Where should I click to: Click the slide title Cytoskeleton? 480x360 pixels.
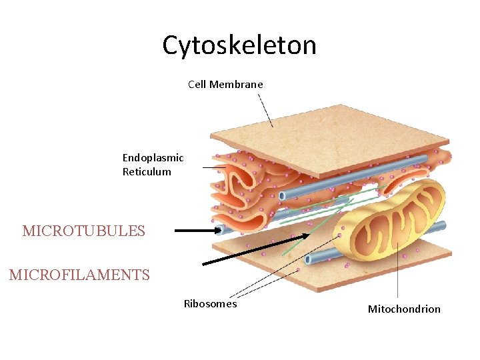coord(239,45)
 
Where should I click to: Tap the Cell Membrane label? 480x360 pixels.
coord(225,85)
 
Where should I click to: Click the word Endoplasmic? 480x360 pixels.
coord(153,158)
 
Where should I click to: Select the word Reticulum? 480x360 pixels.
coord(147,172)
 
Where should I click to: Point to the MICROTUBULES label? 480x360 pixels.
coord(83,231)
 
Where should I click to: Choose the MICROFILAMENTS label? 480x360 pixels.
coord(79,275)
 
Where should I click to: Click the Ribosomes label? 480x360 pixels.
coord(210,304)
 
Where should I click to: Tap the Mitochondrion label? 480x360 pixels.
coord(404,309)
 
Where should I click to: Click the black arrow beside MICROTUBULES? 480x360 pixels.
coord(198,231)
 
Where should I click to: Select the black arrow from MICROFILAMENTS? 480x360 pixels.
coord(255,249)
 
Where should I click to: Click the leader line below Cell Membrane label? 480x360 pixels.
coord(265,110)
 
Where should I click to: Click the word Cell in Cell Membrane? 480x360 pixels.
coord(197,85)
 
